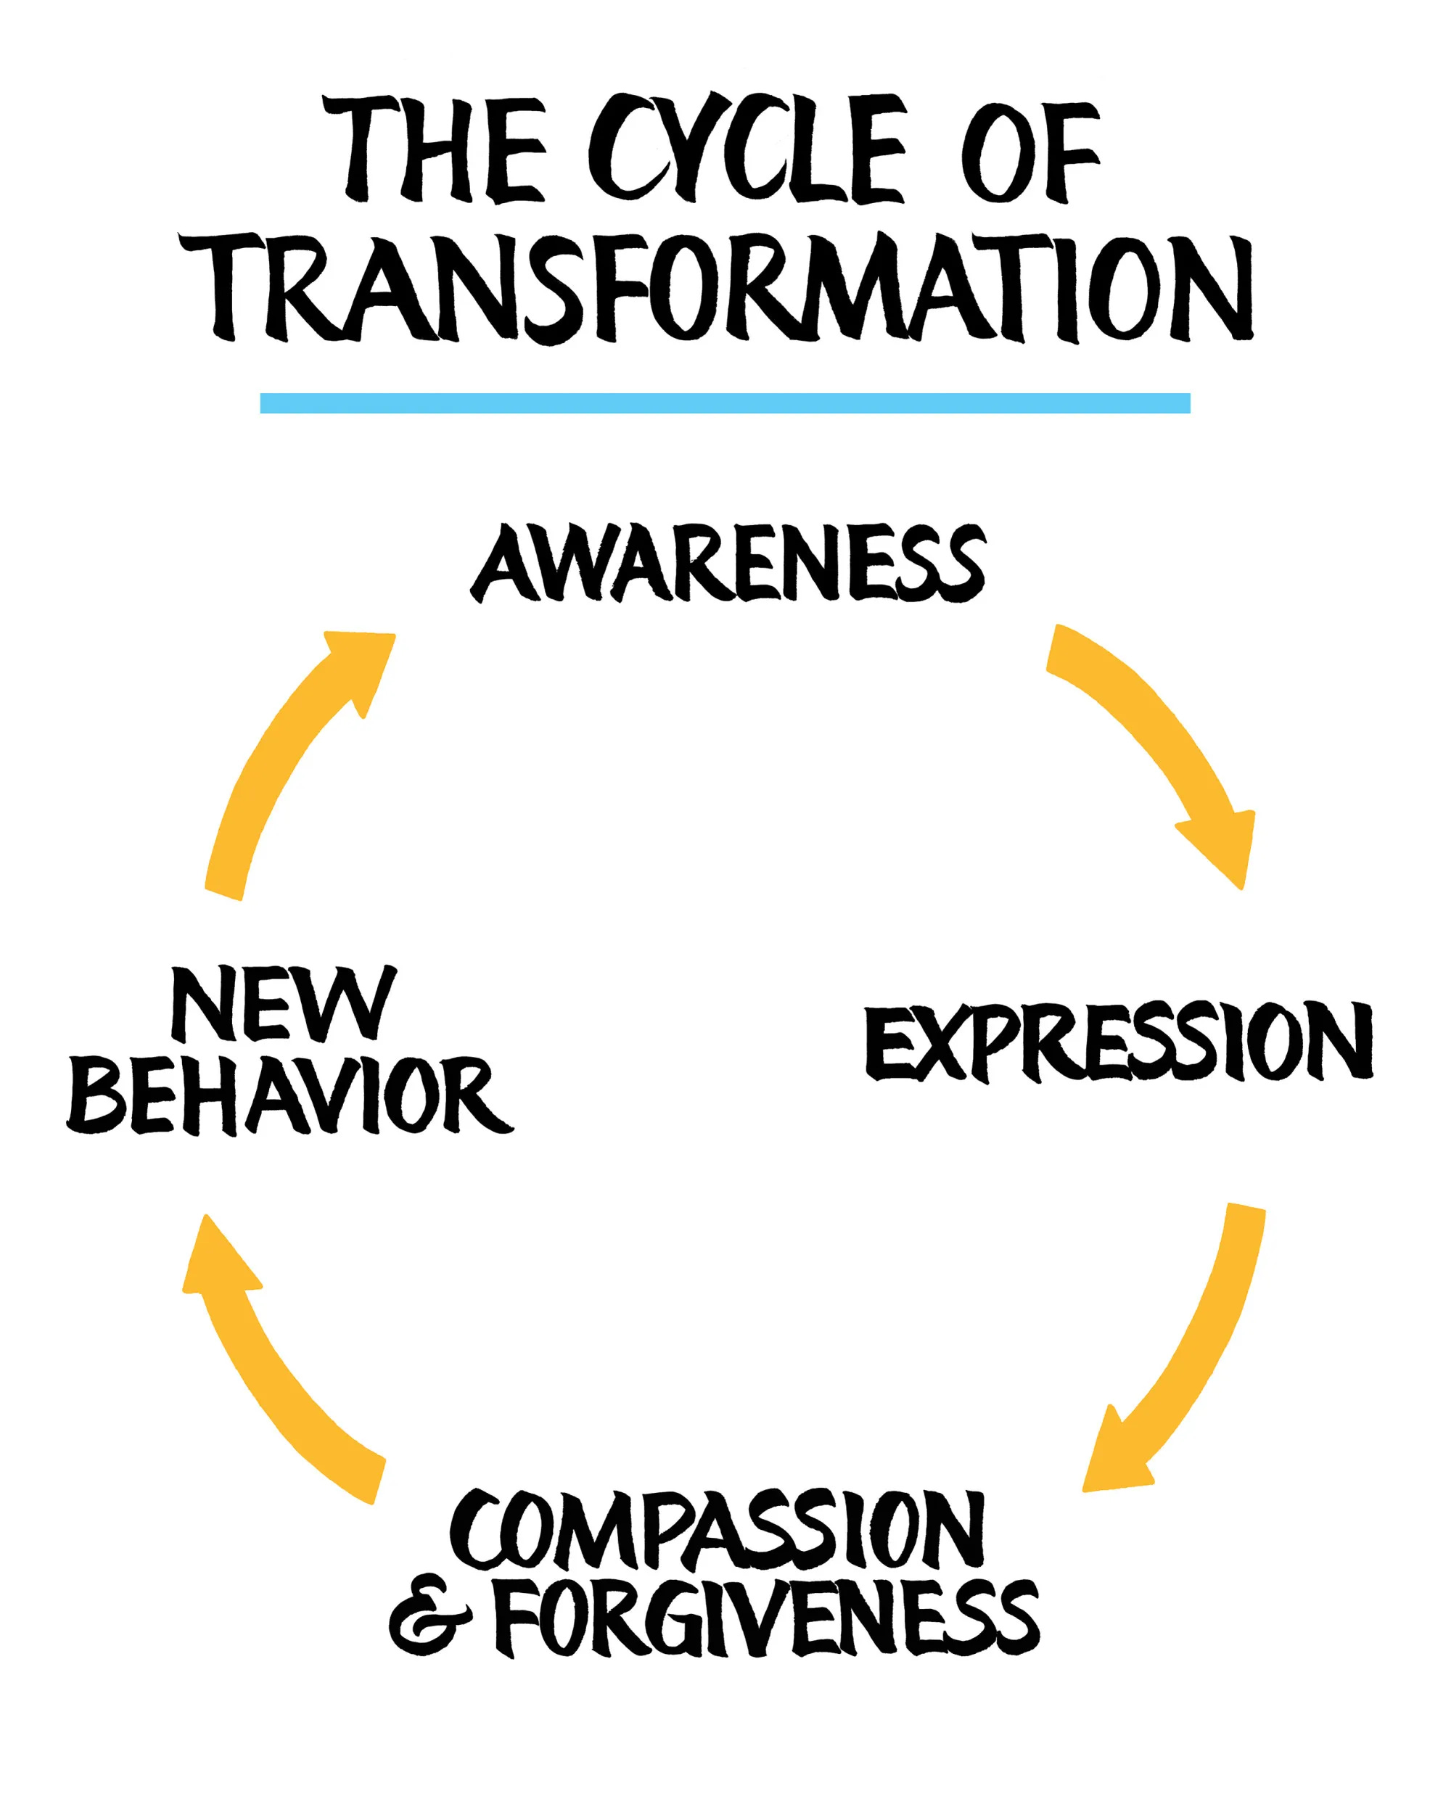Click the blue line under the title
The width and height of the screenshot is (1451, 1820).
click(724, 403)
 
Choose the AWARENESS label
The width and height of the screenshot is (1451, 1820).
click(728, 563)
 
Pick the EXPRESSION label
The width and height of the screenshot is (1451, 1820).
click(1117, 1042)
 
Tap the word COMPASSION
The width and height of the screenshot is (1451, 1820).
click(718, 1529)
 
